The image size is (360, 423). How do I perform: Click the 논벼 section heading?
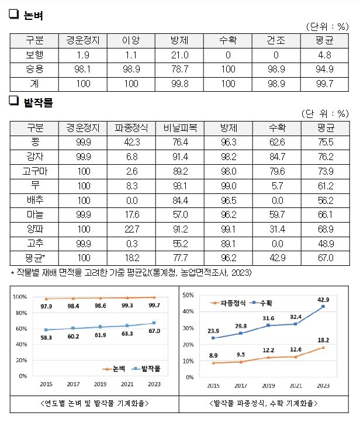pos(33,16)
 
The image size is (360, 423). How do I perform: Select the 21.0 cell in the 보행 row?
pos(178,56)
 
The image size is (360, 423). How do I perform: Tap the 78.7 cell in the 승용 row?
pos(178,70)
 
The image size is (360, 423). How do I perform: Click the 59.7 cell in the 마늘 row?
pos(274,214)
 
